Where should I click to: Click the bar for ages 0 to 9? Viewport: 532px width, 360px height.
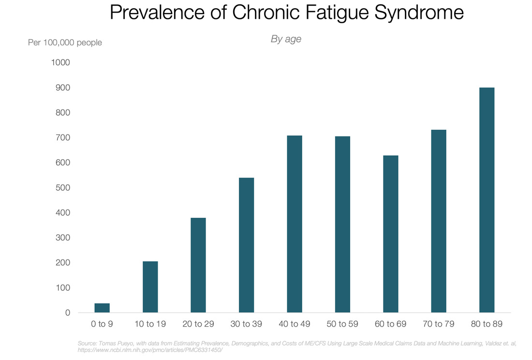point(102,308)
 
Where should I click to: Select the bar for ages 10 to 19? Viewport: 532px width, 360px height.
point(150,287)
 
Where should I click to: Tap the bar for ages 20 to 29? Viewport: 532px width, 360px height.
point(198,265)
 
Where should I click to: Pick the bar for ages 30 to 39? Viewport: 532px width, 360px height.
point(246,245)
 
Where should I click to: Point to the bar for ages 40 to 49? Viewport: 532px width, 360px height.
point(295,224)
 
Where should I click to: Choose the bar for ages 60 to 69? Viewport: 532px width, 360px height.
point(390,234)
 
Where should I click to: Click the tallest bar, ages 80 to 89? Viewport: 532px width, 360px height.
point(487,200)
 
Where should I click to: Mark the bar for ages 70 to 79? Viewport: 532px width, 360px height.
point(439,221)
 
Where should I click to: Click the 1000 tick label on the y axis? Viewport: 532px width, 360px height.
point(60,62)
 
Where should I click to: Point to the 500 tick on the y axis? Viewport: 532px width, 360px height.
point(63,188)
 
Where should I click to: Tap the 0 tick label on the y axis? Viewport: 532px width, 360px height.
point(68,313)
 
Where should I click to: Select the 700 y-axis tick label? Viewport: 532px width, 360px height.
point(63,137)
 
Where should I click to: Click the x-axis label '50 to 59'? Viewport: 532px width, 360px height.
point(342,324)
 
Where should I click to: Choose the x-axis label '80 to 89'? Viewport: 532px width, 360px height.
point(487,324)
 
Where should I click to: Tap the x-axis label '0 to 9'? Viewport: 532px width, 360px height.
point(102,324)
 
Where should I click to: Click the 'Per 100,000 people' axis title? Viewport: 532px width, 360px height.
point(65,43)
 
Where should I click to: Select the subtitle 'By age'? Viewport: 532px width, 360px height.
point(286,39)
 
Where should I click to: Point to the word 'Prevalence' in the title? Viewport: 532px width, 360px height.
point(157,13)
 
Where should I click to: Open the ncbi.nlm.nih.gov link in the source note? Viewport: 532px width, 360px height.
point(150,350)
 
